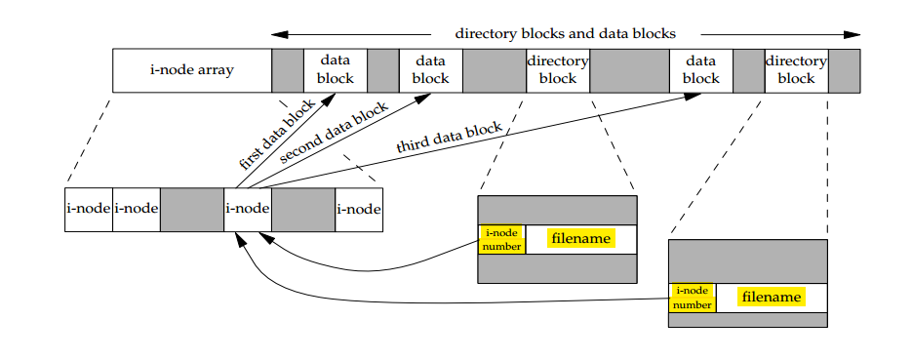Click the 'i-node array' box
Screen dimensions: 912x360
tap(192, 70)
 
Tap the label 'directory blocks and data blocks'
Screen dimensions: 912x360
tap(566, 34)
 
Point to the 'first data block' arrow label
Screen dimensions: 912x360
tap(277, 134)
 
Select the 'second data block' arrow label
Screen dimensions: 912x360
tap(334, 133)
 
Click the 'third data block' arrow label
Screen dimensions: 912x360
tap(449, 139)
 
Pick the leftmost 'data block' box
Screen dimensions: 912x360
tap(336, 70)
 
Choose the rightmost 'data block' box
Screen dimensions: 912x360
tap(701, 70)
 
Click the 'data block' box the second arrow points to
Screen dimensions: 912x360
tap(431, 70)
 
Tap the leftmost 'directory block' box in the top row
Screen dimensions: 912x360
tap(558, 70)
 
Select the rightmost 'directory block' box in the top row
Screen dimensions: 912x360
tap(796, 70)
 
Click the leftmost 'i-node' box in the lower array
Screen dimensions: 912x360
tap(89, 210)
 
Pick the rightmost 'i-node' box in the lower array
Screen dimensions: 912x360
tap(359, 210)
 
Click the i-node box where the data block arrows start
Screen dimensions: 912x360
tap(247, 210)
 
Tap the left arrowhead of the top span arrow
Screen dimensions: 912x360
tap(279, 35)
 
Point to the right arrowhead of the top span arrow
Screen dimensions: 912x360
tap(853, 35)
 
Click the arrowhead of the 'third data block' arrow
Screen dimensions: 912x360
tap(693, 96)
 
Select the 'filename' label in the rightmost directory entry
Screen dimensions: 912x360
tap(772, 298)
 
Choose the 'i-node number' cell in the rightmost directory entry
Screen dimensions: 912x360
tap(693, 298)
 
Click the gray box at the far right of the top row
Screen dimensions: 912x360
tap(844, 70)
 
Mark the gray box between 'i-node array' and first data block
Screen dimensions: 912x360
tap(288, 70)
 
